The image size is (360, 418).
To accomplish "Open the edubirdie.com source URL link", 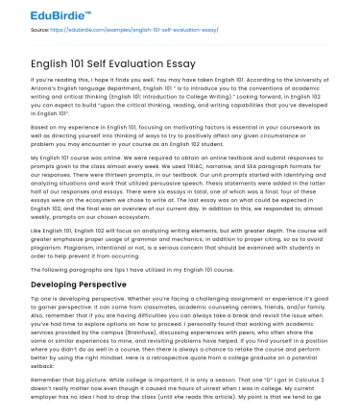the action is tap(124, 29).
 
